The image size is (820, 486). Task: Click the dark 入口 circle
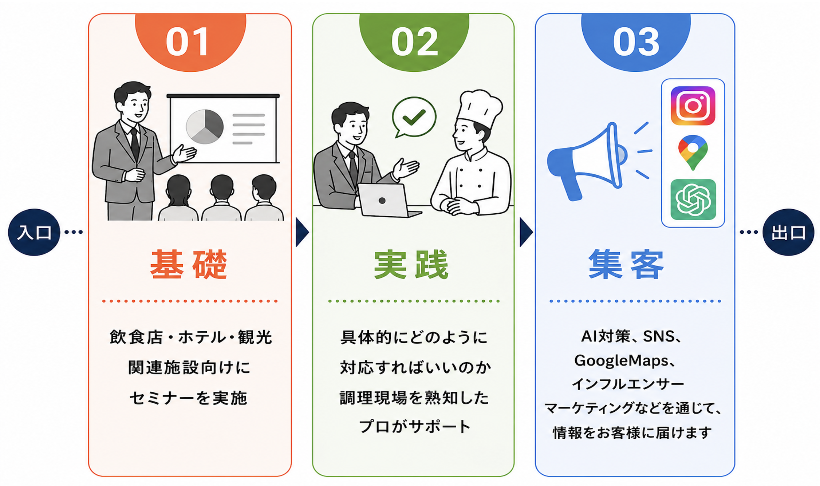pyautogui.click(x=34, y=232)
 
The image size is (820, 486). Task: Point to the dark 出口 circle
pyautogui.click(x=788, y=232)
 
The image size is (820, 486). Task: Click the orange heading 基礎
pyautogui.click(x=189, y=264)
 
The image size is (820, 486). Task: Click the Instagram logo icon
pyautogui.click(x=693, y=106)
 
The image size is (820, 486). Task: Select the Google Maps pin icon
pyautogui.click(x=693, y=152)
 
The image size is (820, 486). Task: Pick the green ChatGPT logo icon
pyautogui.click(x=693, y=199)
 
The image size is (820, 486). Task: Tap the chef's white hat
pyautogui.click(x=480, y=108)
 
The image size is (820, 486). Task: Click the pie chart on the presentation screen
pyautogui.click(x=205, y=127)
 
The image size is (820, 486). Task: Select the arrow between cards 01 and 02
pyautogui.click(x=302, y=232)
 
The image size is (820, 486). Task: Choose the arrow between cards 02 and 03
pyautogui.click(x=526, y=232)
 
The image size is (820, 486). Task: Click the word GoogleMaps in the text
pyautogui.click(x=621, y=361)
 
